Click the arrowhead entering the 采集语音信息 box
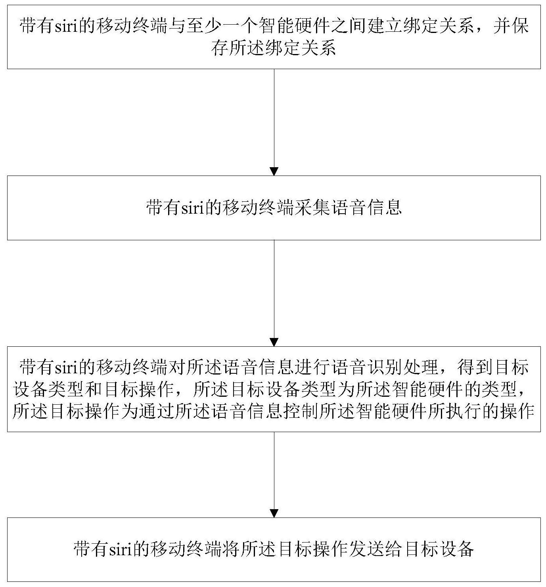(x=274, y=172)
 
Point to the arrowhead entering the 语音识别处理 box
(x=274, y=342)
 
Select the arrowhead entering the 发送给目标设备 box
(x=274, y=513)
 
